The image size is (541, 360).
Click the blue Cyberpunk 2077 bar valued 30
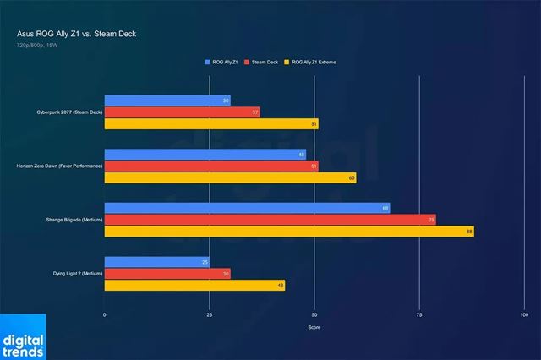[x=167, y=101]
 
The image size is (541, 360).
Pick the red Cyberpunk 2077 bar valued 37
[x=182, y=112]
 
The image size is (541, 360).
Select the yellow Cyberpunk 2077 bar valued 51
[x=211, y=123]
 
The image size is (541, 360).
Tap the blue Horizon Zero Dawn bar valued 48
[x=205, y=155]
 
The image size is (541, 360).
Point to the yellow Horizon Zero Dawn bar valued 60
[x=230, y=177]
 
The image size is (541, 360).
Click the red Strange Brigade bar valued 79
[x=270, y=220]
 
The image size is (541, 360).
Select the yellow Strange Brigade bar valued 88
[x=289, y=231]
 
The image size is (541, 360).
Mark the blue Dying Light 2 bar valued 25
[x=157, y=262]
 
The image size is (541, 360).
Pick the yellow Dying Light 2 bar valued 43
[x=194, y=285]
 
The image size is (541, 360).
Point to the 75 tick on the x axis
[x=419, y=314]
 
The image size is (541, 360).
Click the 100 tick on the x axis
[x=524, y=314]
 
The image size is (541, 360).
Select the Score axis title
[x=314, y=327]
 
